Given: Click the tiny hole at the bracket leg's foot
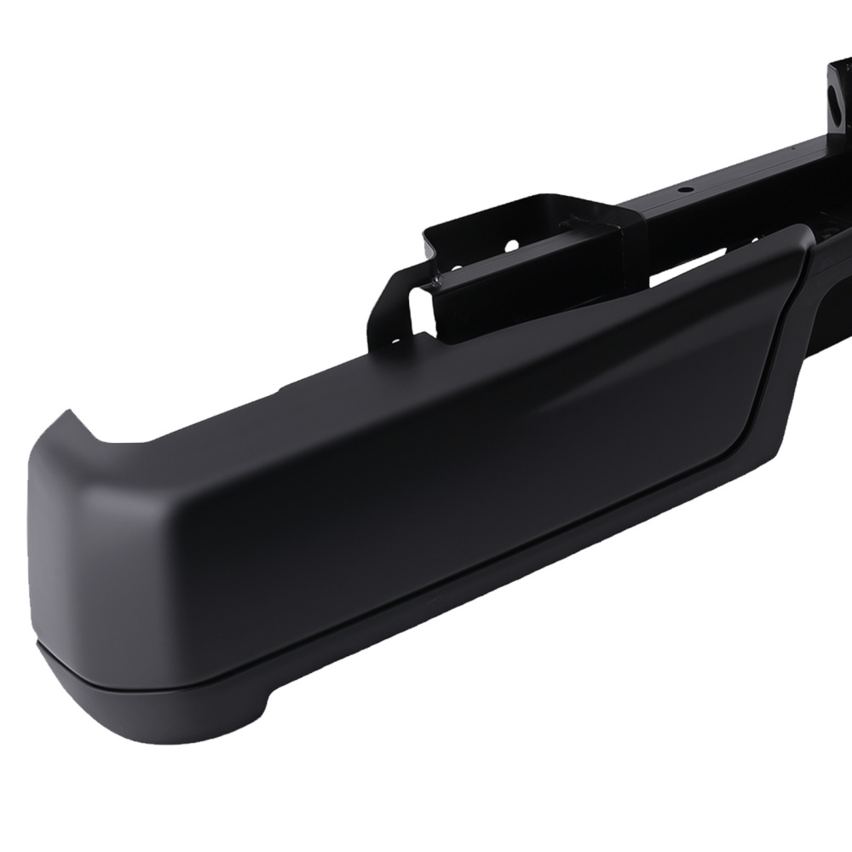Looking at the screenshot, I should (394, 340).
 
